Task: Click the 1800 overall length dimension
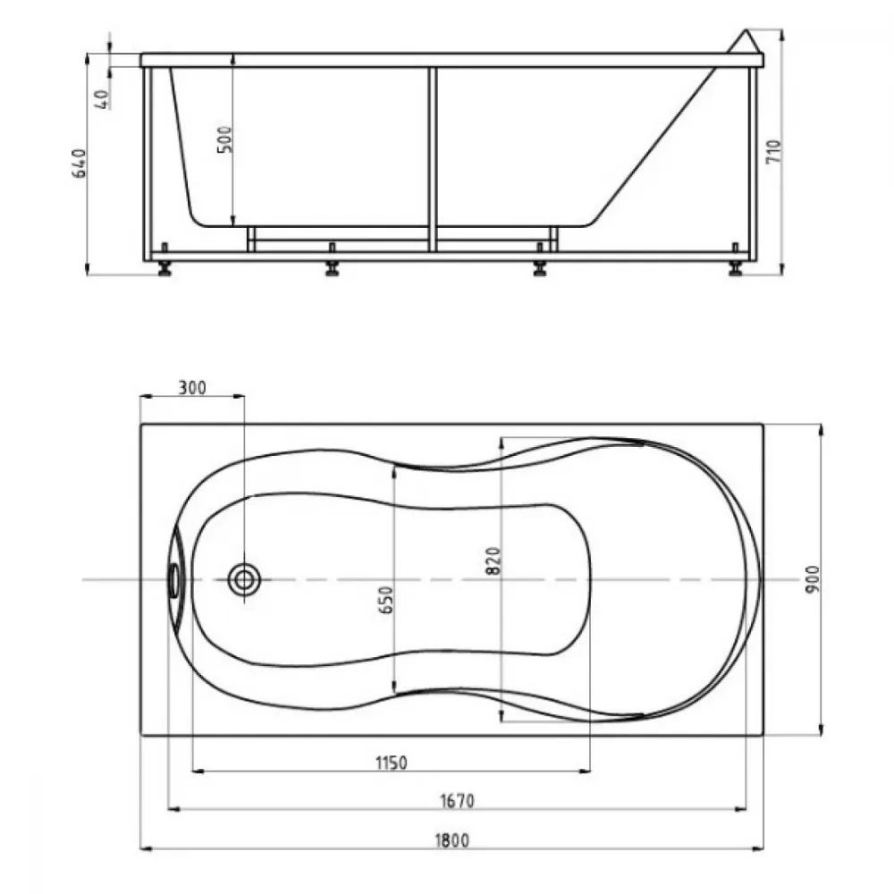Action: (x=452, y=840)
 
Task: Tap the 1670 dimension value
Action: (x=457, y=801)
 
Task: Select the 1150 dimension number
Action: (x=392, y=763)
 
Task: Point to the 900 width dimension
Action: (x=813, y=578)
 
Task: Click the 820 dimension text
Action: (x=493, y=561)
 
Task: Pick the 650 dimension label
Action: (x=386, y=600)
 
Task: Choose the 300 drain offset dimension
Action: (x=192, y=388)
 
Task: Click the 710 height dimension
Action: (x=773, y=152)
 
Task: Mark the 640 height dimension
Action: (x=80, y=163)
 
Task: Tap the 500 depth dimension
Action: (x=225, y=139)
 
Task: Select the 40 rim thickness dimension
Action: (x=103, y=99)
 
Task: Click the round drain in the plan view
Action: (x=244, y=580)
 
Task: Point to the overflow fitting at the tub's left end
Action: (x=174, y=580)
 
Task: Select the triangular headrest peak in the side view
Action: (x=744, y=42)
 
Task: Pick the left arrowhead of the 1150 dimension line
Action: (x=198, y=772)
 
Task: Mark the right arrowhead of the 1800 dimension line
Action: (x=758, y=849)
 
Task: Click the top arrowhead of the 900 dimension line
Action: (x=821, y=430)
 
